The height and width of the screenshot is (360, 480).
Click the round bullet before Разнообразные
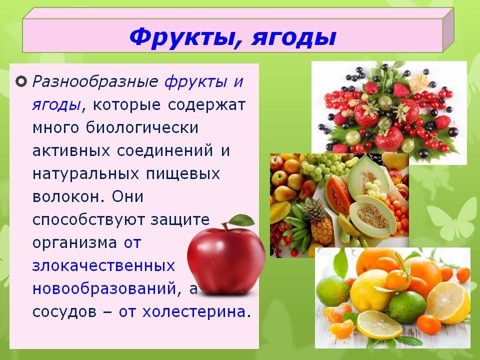(x=21, y=81)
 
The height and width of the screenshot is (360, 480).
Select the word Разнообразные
(x=95, y=82)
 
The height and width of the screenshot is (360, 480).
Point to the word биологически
(x=142, y=127)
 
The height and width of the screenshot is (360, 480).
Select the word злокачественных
(x=103, y=265)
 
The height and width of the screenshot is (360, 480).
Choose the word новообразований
(x=104, y=288)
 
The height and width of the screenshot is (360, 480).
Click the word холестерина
(x=194, y=312)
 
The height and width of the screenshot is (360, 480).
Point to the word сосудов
(x=64, y=312)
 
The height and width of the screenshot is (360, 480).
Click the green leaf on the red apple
(x=242, y=220)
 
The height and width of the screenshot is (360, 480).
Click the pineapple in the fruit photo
(x=318, y=222)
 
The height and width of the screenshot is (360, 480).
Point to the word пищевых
(x=183, y=174)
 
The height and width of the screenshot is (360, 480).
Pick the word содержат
(x=206, y=105)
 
